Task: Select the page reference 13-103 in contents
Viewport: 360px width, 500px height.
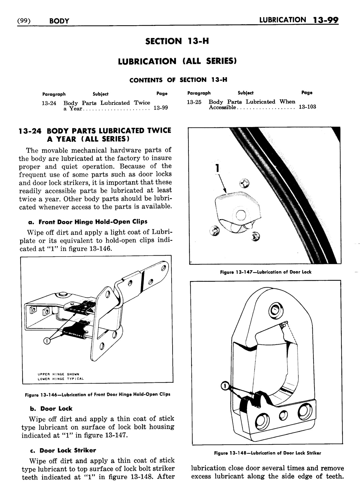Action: click(307, 107)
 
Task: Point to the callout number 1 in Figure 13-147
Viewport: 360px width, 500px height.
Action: click(218, 168)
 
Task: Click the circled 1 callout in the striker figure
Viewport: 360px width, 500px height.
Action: click(223, 385)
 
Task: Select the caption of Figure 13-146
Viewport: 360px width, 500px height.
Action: click(98, 394)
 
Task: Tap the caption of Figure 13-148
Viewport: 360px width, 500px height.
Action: click(267, 453)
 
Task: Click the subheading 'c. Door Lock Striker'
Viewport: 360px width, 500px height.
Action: click(63, 450)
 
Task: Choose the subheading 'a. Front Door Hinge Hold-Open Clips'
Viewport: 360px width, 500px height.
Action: click(87, 222)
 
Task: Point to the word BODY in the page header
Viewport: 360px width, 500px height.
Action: click(59, 21)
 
